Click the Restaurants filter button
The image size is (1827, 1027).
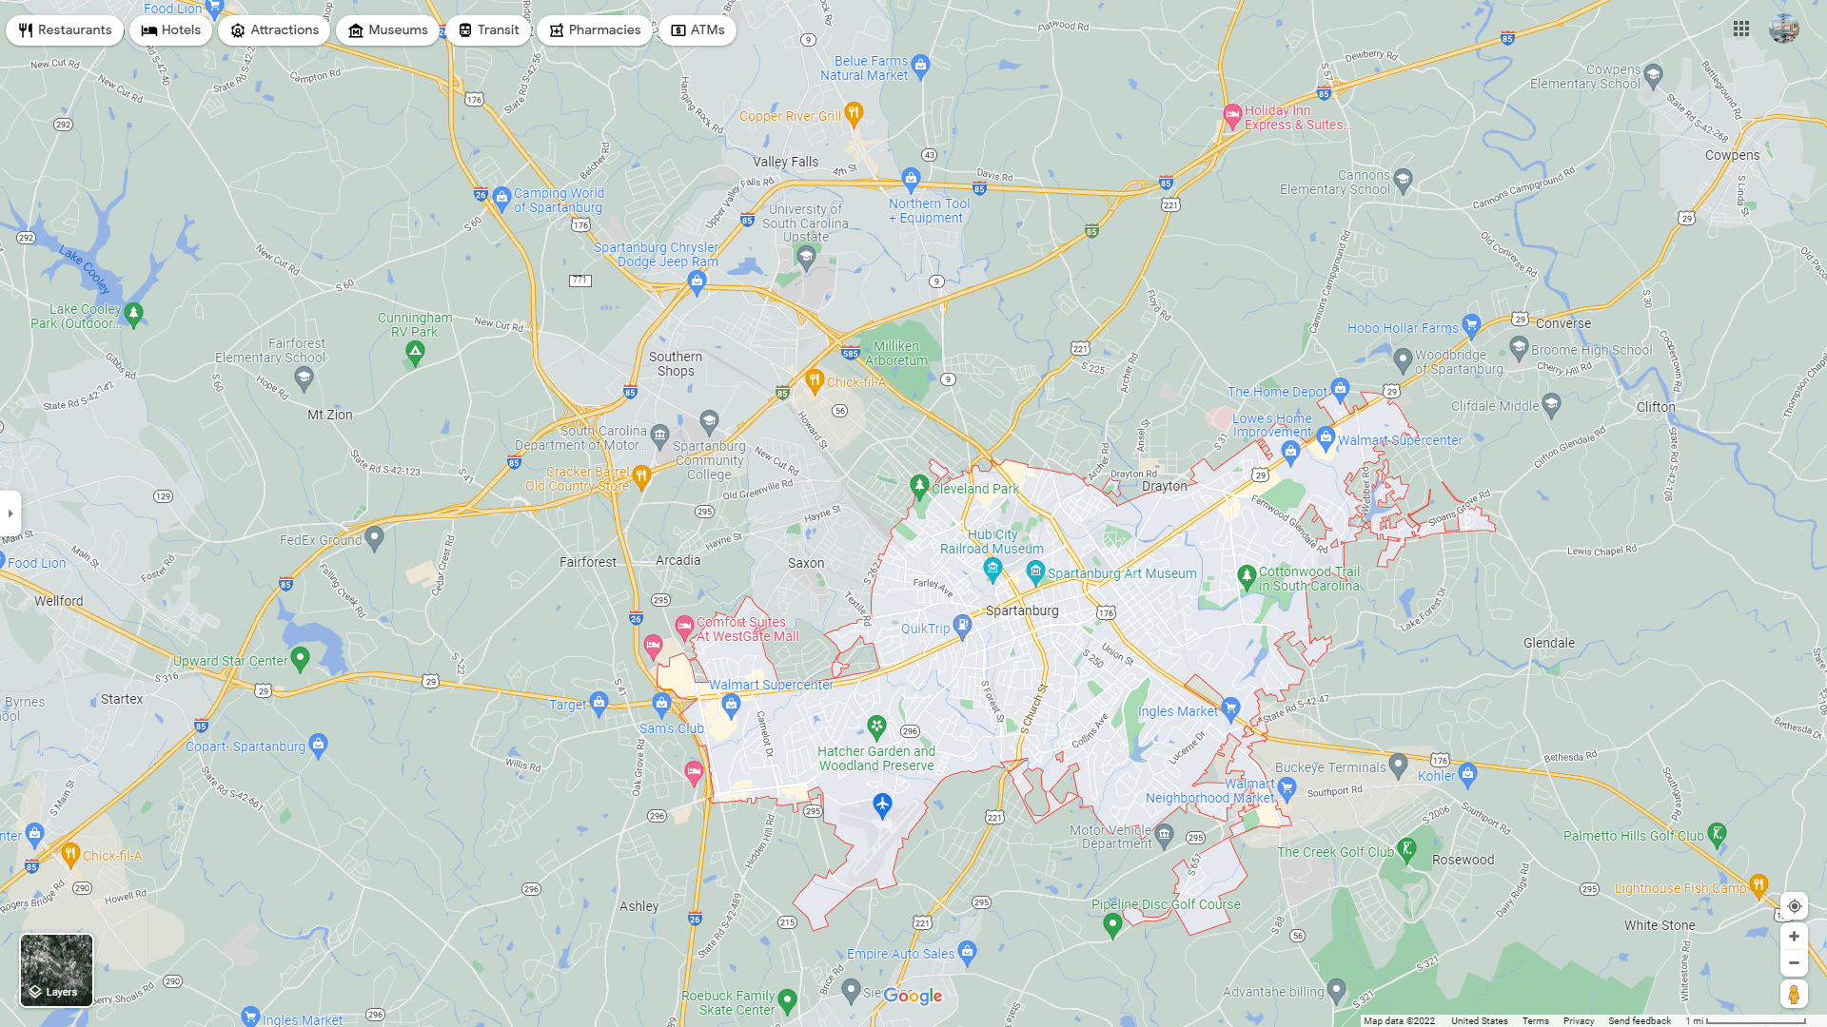(65, 30)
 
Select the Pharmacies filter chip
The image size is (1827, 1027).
(595, 30)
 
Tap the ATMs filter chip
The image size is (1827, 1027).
(697, 30)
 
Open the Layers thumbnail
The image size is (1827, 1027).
(56, 970)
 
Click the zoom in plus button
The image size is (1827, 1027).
(1794, 937)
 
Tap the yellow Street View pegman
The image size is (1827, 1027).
(1794, 994)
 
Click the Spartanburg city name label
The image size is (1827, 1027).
(1022, 610)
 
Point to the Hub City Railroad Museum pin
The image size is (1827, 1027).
(992, 569)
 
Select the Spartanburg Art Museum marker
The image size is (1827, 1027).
(1035, 571)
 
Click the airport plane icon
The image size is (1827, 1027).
(882, 805)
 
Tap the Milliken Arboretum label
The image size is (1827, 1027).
(896, 354)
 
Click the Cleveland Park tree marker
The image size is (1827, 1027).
(919, 486)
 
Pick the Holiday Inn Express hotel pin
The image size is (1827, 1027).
(1232, 116)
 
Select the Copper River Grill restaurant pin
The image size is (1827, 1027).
(854, 114)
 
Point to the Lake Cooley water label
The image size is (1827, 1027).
(85, 269)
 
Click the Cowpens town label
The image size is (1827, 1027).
(1732, 155)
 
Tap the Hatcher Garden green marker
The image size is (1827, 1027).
(876, 727)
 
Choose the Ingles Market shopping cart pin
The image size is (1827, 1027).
(1230, 707)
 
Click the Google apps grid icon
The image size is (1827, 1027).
(1741, 29)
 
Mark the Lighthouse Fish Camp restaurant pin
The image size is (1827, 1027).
(1758, 884)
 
